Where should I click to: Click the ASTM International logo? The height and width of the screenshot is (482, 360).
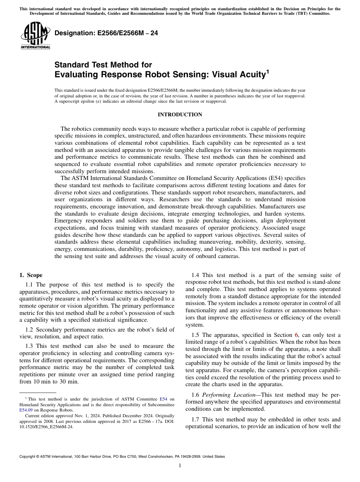35,36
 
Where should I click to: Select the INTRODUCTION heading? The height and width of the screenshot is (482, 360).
180,114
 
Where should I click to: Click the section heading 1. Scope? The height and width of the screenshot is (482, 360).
31,275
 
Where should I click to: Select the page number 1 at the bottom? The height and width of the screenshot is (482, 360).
180,465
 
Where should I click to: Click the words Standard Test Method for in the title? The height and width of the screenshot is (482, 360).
103,65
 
